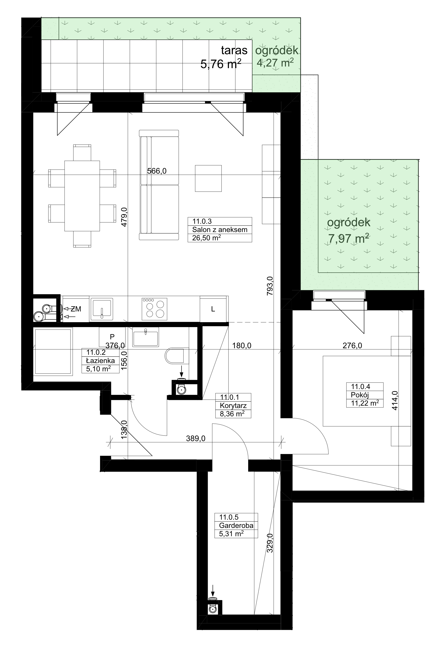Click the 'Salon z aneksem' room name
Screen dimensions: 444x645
220,230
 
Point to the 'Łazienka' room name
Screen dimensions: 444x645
100,361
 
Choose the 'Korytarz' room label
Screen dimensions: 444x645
233,406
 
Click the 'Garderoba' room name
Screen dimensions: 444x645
236,525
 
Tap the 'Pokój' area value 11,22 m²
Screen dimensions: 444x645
365,403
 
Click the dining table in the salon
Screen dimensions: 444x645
82,196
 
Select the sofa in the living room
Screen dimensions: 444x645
159,185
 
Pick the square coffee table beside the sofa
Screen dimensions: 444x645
208,178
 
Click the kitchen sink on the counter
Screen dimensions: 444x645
102,309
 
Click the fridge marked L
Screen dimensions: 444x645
213,309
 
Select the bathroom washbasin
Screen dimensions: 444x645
146,337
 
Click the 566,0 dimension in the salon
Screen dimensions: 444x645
157,171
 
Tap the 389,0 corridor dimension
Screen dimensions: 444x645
196,438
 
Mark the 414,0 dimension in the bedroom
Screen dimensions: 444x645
395,400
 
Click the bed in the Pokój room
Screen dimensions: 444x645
367,391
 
